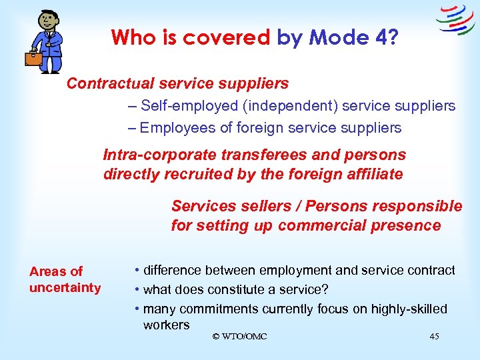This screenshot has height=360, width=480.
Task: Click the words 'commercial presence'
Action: tap(359, 225)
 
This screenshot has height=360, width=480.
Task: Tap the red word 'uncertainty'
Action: tap(65, 288)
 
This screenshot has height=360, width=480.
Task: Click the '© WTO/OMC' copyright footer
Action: tap(239, 337)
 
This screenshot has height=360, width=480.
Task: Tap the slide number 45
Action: tap(434, 337)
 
